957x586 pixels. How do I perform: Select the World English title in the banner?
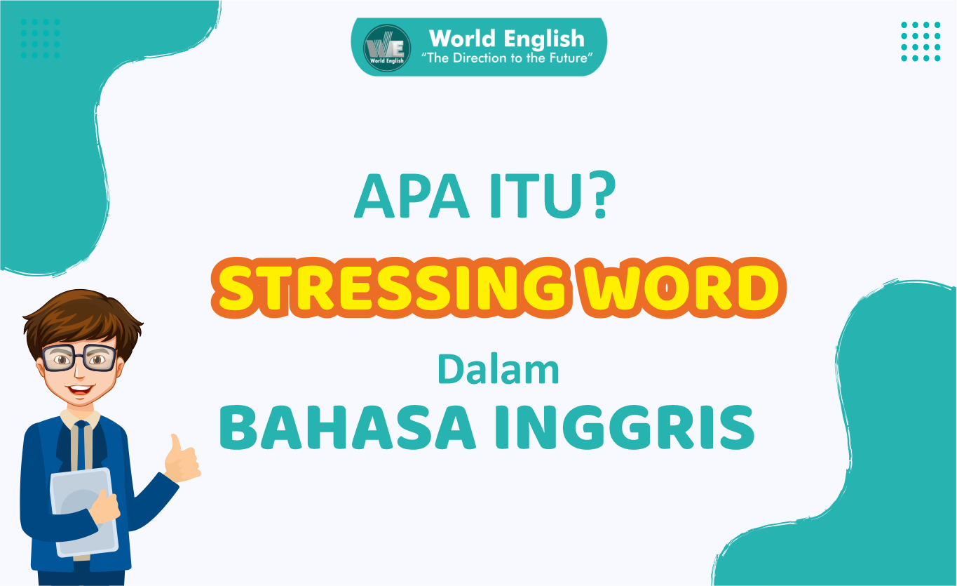(x=506, y=38)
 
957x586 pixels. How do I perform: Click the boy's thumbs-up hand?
(x=180, y=460)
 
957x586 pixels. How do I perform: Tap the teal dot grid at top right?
(x=920, y=41)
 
